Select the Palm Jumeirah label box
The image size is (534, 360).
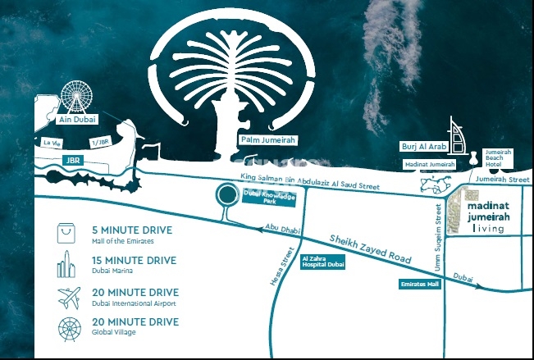pyautogui.click(x=267, y=140)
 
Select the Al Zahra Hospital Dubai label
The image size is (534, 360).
pyautogui.click(x=323, y=262)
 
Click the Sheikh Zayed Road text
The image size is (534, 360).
pyautogui.click(x=370, y=246)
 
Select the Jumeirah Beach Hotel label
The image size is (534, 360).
pyautogui.click(x=499, y=159)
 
